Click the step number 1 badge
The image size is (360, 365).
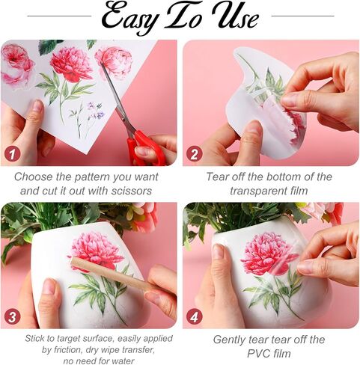coord(12,153)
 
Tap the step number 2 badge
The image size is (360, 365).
coord(194,153)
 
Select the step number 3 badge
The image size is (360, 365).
coord(12,317)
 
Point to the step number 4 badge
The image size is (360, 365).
coord(194,317)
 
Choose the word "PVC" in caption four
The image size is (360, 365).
coord(257,354)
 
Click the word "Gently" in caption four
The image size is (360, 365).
coord(229,340)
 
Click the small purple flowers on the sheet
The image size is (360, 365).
coord(96,111)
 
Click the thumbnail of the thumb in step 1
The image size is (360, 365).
coord(38,105)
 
